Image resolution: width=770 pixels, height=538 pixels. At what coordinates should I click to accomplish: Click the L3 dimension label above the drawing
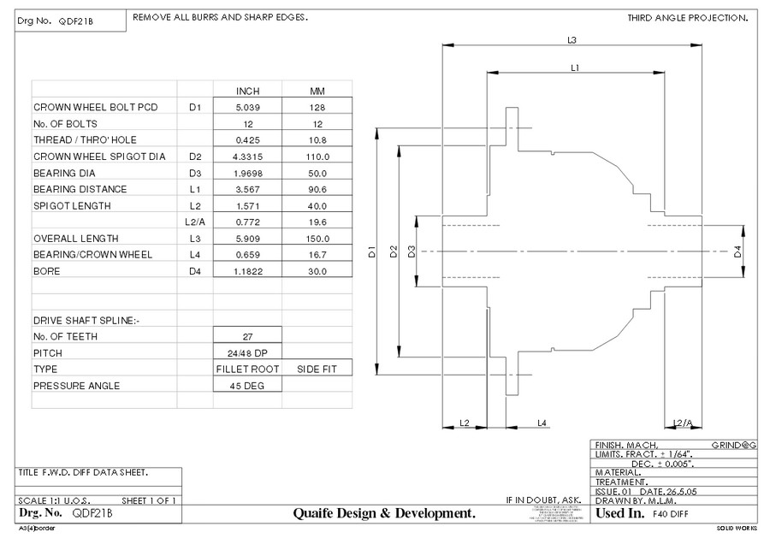(572, 39)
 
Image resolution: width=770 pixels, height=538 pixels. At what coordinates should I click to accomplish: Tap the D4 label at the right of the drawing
(738, 251)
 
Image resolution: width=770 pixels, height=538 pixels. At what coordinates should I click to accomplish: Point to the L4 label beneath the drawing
(542, 423)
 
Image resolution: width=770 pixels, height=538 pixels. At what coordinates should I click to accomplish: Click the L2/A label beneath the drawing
(682, 423)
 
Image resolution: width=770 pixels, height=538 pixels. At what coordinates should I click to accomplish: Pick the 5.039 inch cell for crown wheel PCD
(247, 107)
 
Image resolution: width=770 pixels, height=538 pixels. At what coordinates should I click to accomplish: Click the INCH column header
(247, 91)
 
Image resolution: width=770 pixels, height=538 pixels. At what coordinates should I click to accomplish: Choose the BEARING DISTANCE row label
(80, 189)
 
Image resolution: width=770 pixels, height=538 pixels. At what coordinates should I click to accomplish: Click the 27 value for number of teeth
(247, 336)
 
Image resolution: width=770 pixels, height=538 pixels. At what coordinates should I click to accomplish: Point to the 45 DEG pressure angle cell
(247, 386)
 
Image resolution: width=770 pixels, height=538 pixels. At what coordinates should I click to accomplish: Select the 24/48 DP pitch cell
(247, 352)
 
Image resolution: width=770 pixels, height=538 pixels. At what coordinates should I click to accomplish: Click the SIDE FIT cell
(317, 369)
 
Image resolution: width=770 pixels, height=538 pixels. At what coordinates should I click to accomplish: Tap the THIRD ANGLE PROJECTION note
(687, 18)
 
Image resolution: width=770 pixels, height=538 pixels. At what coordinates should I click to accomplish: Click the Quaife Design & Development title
(384, 513)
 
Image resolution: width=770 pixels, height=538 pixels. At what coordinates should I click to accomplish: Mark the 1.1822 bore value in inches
(247, 271)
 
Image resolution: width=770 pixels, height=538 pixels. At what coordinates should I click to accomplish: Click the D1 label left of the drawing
(373, 251)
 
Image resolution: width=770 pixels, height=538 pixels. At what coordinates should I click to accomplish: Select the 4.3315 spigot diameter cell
(247, 157)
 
